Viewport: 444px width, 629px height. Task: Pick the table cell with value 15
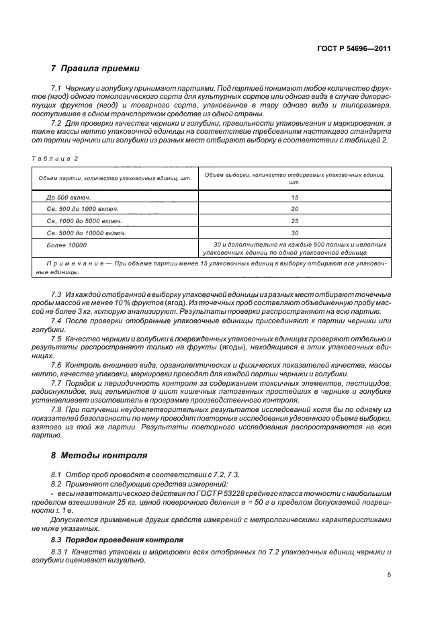(295, 198)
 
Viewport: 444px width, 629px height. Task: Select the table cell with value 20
(295, 210)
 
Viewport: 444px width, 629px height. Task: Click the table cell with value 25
(295, 221)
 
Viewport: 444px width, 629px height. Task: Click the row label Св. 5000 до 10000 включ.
(87, 233)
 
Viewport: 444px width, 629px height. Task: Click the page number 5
(390, 575)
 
